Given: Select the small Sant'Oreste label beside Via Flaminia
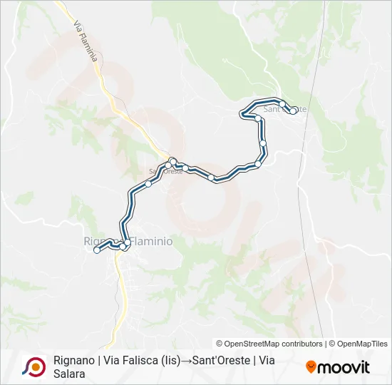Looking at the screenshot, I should (165, 171).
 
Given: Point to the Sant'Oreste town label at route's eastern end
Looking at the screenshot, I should (285, 110).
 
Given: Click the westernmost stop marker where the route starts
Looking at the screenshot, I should (96, 250).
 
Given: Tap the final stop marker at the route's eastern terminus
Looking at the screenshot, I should (293, 111).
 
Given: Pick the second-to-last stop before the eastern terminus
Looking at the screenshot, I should (282, 104).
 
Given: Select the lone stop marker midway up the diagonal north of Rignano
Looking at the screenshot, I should (148, 184).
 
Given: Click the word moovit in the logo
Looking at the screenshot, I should (344, 367).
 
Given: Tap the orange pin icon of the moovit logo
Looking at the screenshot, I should (311, 366).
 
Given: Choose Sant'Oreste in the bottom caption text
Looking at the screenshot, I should (224, 361).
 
